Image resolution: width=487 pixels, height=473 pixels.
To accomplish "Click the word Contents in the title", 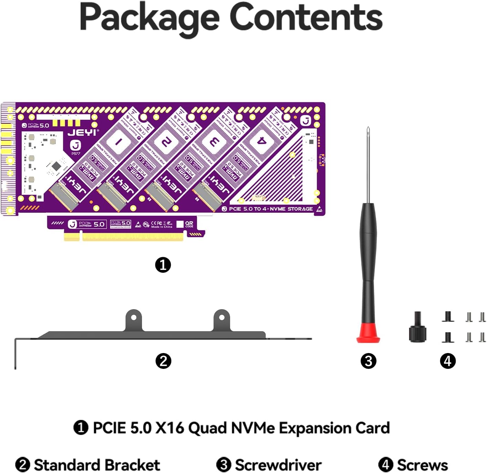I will click(306, 17).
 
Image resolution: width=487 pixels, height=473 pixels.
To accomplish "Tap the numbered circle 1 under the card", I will click(163, 265).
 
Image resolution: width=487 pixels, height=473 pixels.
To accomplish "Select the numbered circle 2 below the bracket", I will click(163, 361).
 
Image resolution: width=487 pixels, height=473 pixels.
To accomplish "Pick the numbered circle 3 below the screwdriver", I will click(368, 361).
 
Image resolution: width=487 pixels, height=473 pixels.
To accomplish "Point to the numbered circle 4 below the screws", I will click(447, 361).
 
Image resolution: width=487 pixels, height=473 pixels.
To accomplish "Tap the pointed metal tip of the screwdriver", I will click(368, 130).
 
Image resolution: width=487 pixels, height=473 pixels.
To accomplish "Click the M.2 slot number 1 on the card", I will click(118, 142).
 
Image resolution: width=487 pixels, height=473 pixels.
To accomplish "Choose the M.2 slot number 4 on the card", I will click(262, 141).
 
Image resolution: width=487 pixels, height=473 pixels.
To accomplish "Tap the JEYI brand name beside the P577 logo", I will click(83, 132).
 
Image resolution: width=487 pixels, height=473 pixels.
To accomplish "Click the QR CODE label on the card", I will click(189, 224).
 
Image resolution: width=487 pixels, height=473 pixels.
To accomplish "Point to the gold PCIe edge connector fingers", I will click(124, 237).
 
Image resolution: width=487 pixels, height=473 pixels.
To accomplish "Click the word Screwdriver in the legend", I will click(278, 464).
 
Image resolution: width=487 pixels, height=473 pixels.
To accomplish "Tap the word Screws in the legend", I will click(422, 464).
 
